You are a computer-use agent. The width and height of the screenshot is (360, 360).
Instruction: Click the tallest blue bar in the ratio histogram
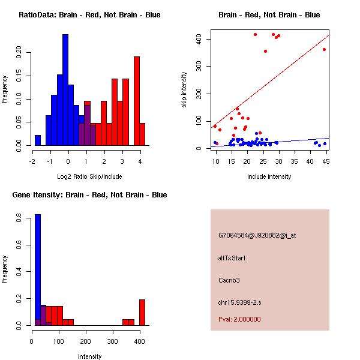point(65,90)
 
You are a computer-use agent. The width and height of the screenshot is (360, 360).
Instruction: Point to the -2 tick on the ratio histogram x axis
point(32,161)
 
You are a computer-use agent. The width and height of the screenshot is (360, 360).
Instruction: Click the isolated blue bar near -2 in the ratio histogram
point(38,140)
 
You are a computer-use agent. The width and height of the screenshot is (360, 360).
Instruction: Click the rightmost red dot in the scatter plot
point(324,49)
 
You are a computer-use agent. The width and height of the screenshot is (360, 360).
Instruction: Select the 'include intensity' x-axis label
point(269,176)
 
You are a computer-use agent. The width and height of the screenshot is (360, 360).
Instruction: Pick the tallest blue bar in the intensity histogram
point(38,270)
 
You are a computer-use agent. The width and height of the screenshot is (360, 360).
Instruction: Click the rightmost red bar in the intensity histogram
point(142,312)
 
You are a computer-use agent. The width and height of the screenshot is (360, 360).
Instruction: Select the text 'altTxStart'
point(232,258)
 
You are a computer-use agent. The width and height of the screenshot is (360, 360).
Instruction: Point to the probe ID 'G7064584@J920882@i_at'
point(257,235)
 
